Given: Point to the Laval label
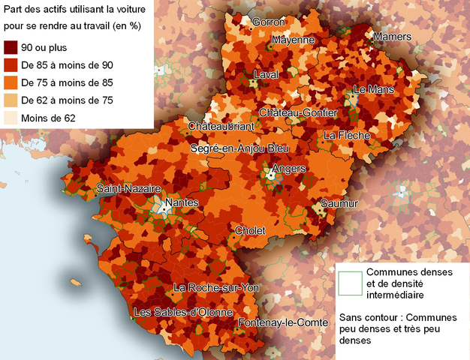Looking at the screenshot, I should (x=266, y=75).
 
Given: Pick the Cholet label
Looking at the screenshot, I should (x=250, y=230).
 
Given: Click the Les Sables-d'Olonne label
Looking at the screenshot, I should (x=182, y=312).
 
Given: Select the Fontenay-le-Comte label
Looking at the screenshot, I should (x=283, y=323).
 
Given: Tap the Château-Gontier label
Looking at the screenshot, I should (x=298, y=112).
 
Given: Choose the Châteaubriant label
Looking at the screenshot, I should (x=221, y=126).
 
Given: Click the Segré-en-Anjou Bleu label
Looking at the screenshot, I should (x=240, y=148).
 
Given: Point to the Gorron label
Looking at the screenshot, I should (x=269, y=22).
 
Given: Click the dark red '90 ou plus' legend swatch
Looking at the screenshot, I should (x=10, y=48).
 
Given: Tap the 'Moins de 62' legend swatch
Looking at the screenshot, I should (x=10, y=118).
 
